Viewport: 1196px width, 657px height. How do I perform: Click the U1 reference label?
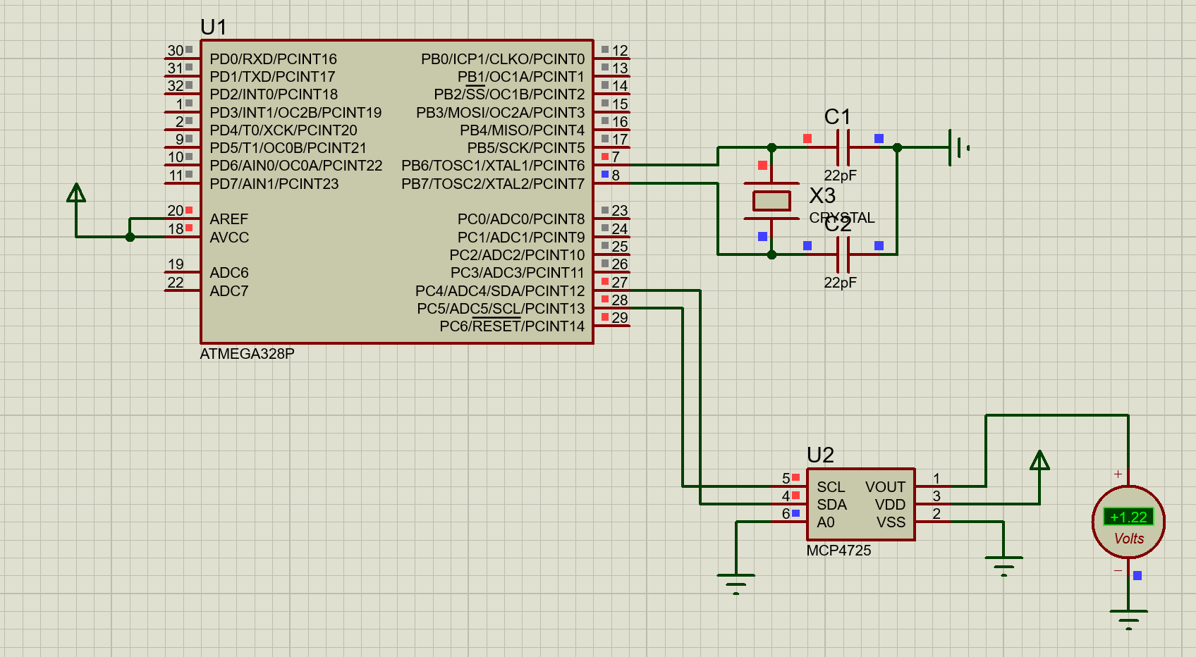tap(214, 27)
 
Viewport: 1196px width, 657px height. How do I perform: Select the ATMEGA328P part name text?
tap(247, 354)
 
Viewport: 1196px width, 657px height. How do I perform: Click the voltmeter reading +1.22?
tap(1128, 517)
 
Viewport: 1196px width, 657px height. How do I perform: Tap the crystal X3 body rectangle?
tap(771, 201)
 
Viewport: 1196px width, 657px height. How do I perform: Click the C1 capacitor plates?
tap(843, 147)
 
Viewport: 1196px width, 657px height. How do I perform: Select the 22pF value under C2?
tap(840, 283)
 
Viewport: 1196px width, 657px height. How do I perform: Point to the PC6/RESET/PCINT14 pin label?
tap(512, 326)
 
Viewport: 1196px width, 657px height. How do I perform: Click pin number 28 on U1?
tap(619, 300)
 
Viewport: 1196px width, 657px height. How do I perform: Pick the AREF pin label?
tap(228, 219)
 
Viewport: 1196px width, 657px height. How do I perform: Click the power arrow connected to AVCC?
tap(76, 193)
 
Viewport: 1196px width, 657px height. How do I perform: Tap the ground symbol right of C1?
tap(958, 148)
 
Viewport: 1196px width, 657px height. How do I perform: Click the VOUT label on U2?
tap(885, 487)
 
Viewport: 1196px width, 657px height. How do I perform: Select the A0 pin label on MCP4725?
tap(825, 522)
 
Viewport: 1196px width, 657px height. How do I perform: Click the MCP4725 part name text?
tap(838, 551)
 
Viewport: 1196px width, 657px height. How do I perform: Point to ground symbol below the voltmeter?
tap(1128, 618)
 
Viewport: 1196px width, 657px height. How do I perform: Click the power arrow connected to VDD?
tap(1039, 461)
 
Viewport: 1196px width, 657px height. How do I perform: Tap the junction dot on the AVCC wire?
tap(130, 237)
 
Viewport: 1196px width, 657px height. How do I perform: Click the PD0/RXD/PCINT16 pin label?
tap(273, 59)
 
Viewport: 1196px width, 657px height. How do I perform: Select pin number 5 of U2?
tap(786, 479)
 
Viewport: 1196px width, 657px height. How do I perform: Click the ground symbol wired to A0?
tap(736, 582)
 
